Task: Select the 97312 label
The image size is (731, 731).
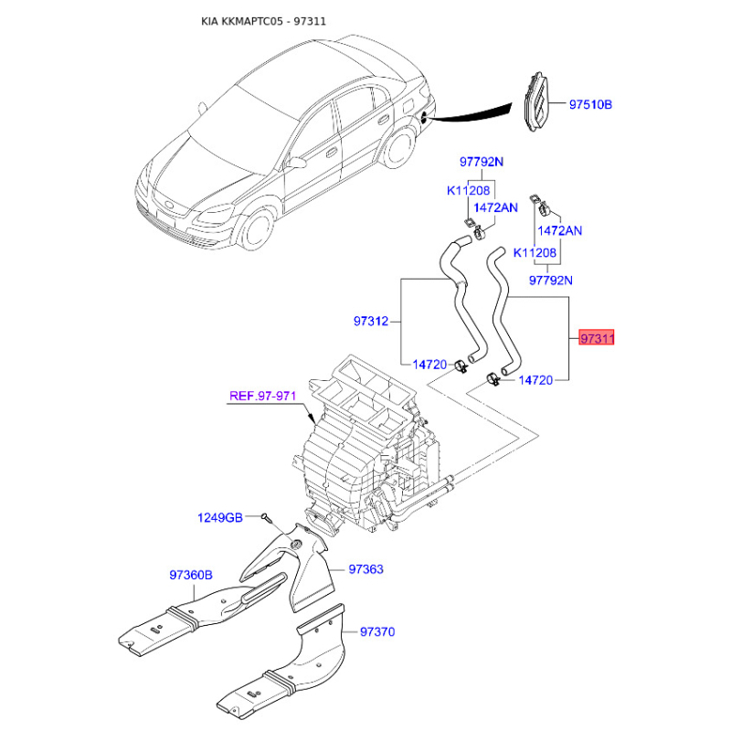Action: (371, 321)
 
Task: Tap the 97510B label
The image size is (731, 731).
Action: (590, 105)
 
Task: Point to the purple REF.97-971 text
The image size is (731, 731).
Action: (262, 396)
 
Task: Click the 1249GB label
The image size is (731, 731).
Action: (220, 518)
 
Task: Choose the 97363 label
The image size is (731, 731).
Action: (365, 569)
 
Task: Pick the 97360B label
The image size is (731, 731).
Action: (190, 576)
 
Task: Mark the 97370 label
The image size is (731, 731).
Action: (377, 631)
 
